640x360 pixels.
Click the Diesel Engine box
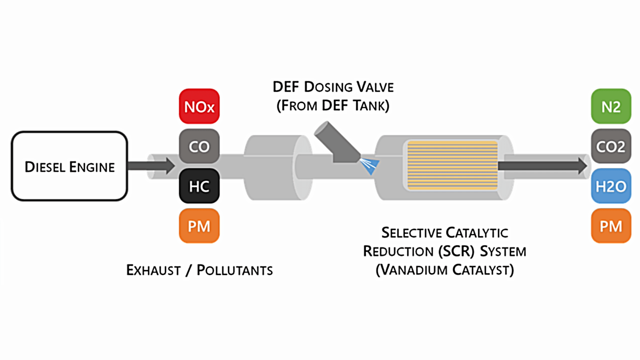pos(70,166)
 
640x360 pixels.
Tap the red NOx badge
pos(199,107)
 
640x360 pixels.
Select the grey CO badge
pos(199,146)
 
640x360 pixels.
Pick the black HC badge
pos(199,186)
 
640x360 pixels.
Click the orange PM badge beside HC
pos(199,226)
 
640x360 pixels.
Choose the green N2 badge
pos(611,107)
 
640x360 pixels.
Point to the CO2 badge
pos(611,146)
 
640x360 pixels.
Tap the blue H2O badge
pos(611,186)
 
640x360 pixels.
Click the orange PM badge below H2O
pos(611,226)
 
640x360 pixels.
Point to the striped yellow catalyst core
pos(451,165)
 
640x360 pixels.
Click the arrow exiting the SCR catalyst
pos(544,165)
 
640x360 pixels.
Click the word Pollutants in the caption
pos(235,270)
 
